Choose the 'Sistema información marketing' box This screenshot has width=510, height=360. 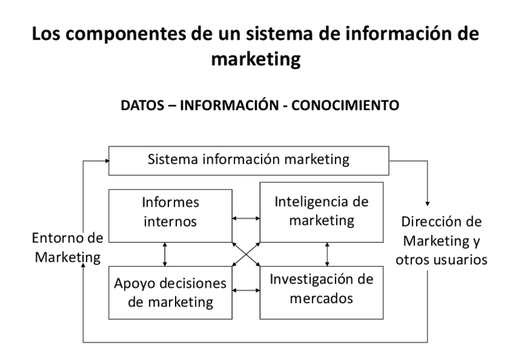(248, 160)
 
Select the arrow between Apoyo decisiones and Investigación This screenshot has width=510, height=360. (247, 291)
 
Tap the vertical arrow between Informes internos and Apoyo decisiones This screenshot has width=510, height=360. (165, 254)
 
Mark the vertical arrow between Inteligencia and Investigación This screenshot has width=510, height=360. (327, 254)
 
